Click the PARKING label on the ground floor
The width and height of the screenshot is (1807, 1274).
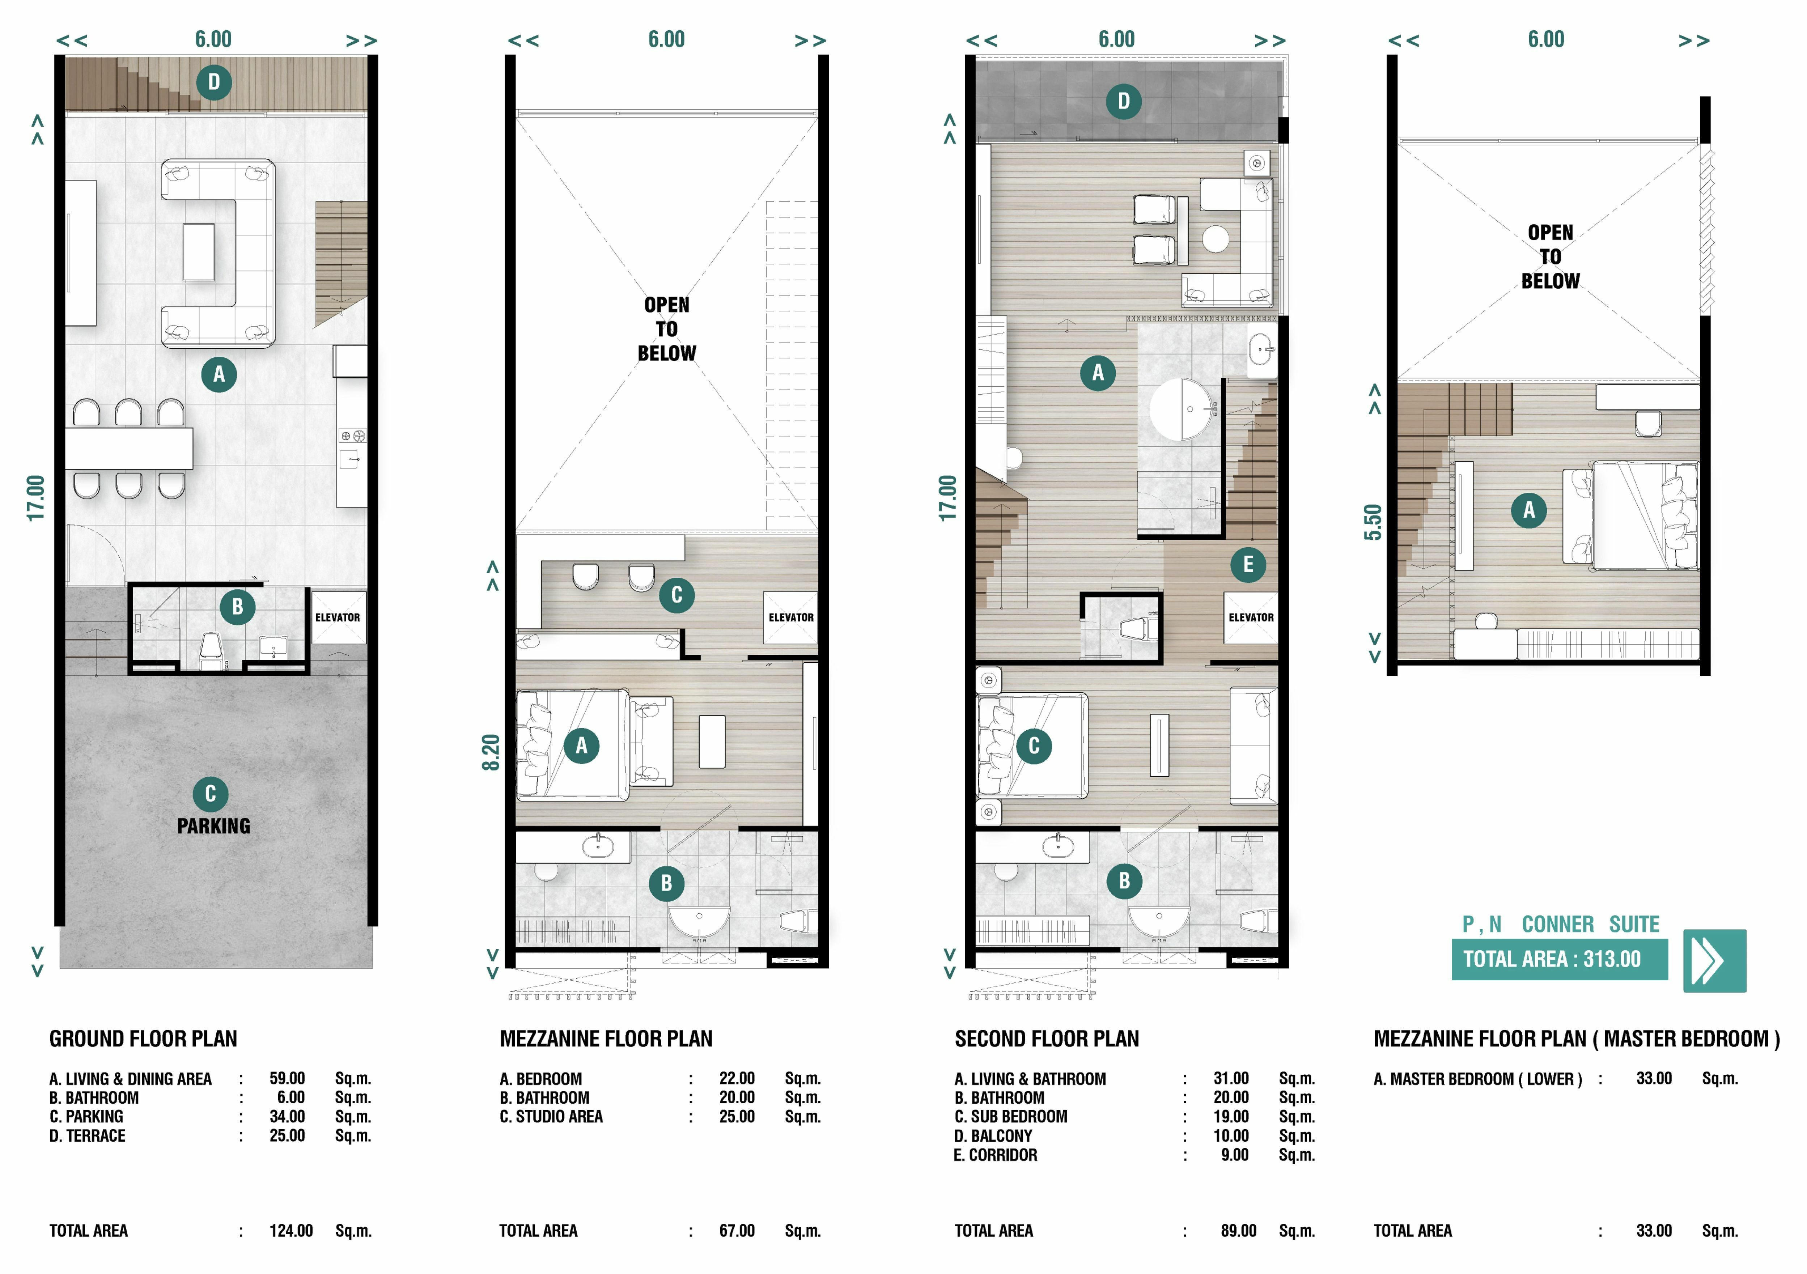(x=213, y=825)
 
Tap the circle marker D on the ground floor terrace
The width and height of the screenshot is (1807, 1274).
(x=214, y=82)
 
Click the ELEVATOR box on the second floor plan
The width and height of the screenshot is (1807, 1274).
(x=1251, y=617)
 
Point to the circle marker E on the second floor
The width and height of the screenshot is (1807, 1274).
(x=1248, y=564)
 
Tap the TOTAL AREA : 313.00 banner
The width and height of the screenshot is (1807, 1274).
(x=1559, y=959)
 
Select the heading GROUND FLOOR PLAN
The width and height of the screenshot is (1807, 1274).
(x=143, y=1039)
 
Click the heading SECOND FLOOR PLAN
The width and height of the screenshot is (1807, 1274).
(x=1047, y=1039)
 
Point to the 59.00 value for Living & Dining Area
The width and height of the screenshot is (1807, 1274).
(x=287, y=1078)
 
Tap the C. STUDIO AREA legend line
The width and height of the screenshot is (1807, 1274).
(x=660, y=1117)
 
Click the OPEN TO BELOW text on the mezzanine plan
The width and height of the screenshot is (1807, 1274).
(x=667, y=329)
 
